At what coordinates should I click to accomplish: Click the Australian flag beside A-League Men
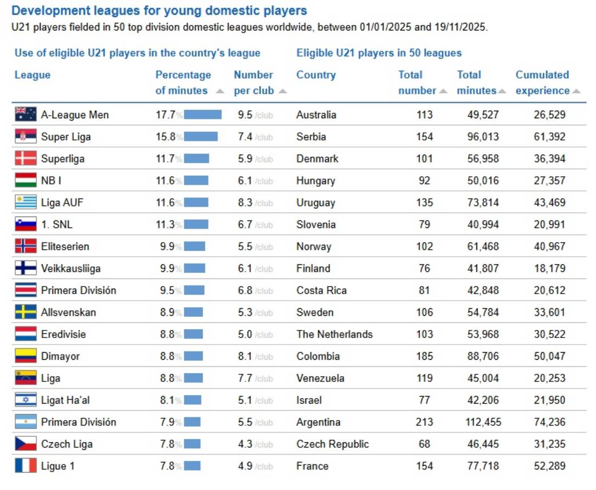point(25,114)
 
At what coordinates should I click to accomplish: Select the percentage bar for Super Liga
point(200,137)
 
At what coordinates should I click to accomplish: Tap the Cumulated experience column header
point(542,82)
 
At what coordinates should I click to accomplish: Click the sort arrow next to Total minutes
point(502,91)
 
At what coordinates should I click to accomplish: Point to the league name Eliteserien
point(65,246)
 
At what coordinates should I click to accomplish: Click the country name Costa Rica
point(322,290)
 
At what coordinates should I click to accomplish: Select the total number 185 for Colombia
point(424,356)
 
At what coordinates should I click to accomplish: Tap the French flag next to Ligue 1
point(25,466)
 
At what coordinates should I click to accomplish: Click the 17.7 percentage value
point(165,114)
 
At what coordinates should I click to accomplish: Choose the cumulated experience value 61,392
point(549,137)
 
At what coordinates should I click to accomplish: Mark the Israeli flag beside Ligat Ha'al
point(25,400)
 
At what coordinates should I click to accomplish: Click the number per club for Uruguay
point(245,202)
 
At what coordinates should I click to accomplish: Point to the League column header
point(33,75)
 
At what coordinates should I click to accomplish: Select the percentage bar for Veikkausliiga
point(195,268)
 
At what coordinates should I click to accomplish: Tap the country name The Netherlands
point(334,334)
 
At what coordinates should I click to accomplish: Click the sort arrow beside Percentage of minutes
point(219,91)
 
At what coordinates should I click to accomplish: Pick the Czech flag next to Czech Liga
point(25,444)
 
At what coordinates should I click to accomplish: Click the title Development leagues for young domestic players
point(159,10)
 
